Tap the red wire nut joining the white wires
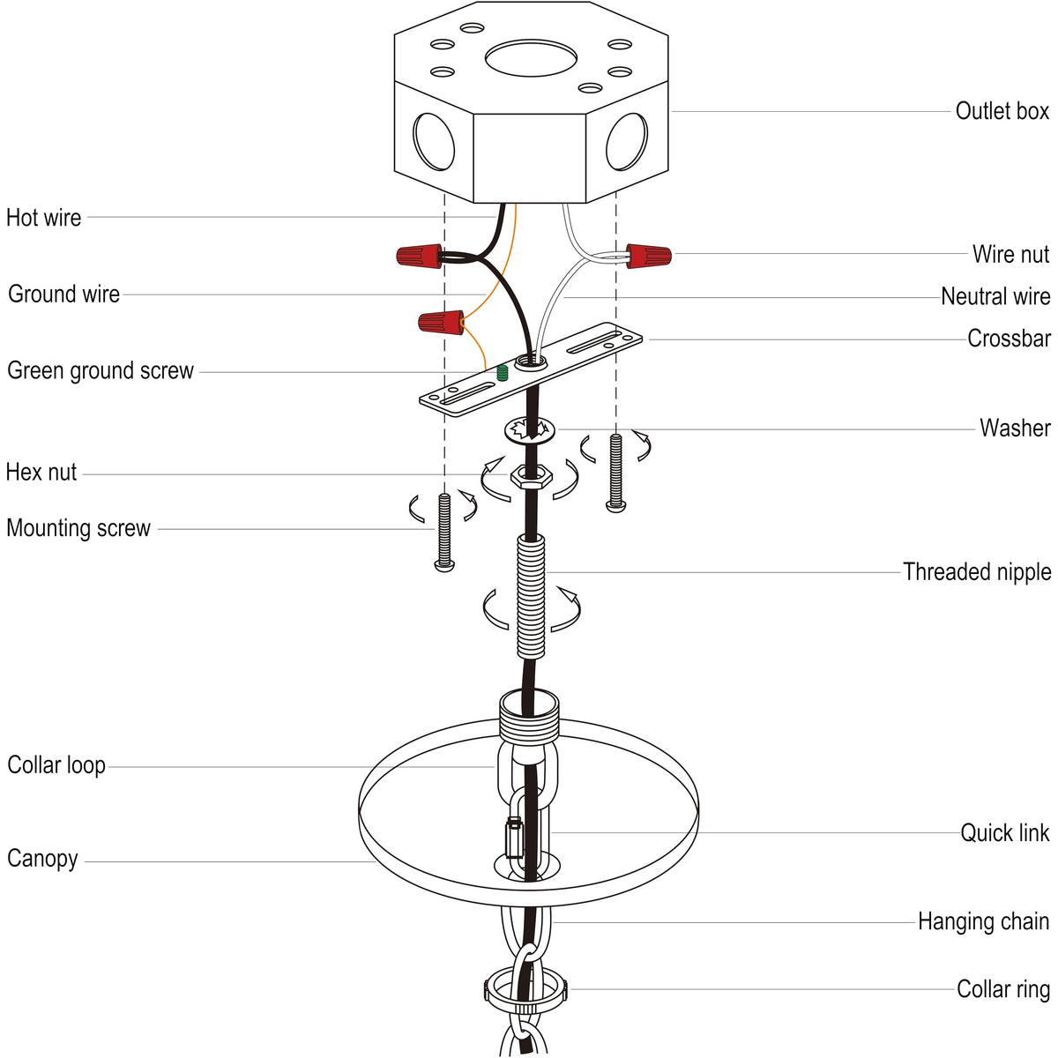tap(648, 257)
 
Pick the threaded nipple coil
tap(531, 598)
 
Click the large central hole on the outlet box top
tap(531, 58)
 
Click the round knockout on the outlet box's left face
tap(434, 141)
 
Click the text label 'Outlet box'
tap(1002, 111)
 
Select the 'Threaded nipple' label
tap(976, 571)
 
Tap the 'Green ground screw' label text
tap(101, 370)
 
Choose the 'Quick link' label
tap(1004, 832)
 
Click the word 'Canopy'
tap(42, 858)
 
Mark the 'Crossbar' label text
tap(1009, 339)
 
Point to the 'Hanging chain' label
tap(983, 921)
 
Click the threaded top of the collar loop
tap(529, 713)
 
